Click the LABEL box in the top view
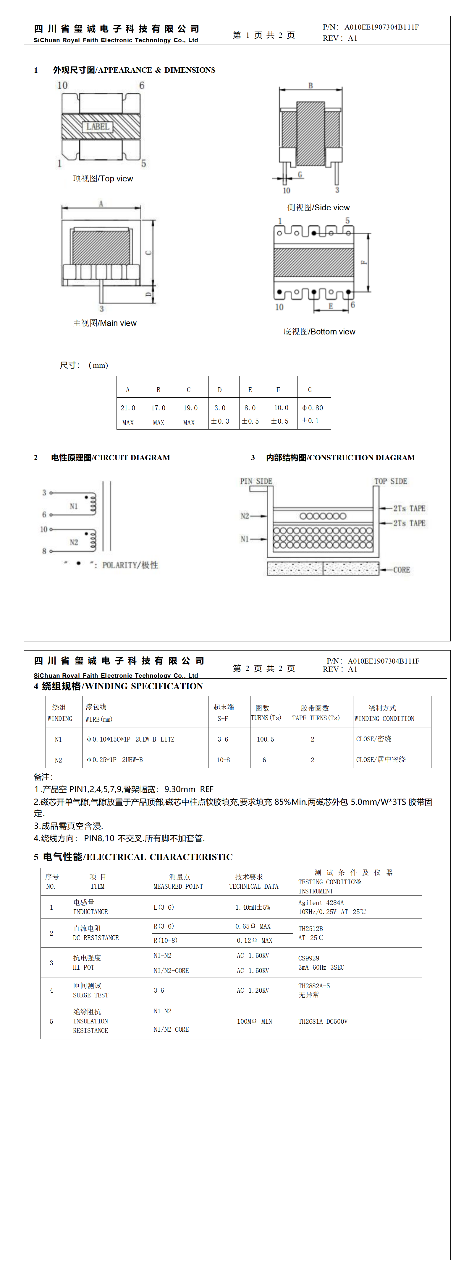tap(98, 127)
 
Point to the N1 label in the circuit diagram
tap(74, 506)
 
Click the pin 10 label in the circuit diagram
tap(44, 529)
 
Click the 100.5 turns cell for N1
tap(265, 739)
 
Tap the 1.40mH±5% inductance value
tap(253, 908)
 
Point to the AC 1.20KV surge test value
tap(253, 991)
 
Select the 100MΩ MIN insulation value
tap(254, 1021)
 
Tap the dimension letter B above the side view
tap(311, 86)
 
